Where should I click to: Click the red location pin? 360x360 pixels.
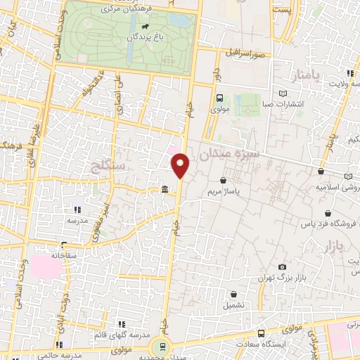tap(181, 165)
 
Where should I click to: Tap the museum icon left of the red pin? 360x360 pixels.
tap(164, 189)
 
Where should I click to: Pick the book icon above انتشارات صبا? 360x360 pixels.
tap(283, 94)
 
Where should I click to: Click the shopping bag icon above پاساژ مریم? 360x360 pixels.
tap(222, 180)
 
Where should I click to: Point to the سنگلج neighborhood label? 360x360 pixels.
tap(109, 166)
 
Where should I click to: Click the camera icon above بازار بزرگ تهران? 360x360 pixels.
tap(283, 267)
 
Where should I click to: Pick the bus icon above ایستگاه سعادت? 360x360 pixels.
tap(261, 333)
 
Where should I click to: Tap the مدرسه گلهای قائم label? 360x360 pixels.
tap(121, 335)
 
